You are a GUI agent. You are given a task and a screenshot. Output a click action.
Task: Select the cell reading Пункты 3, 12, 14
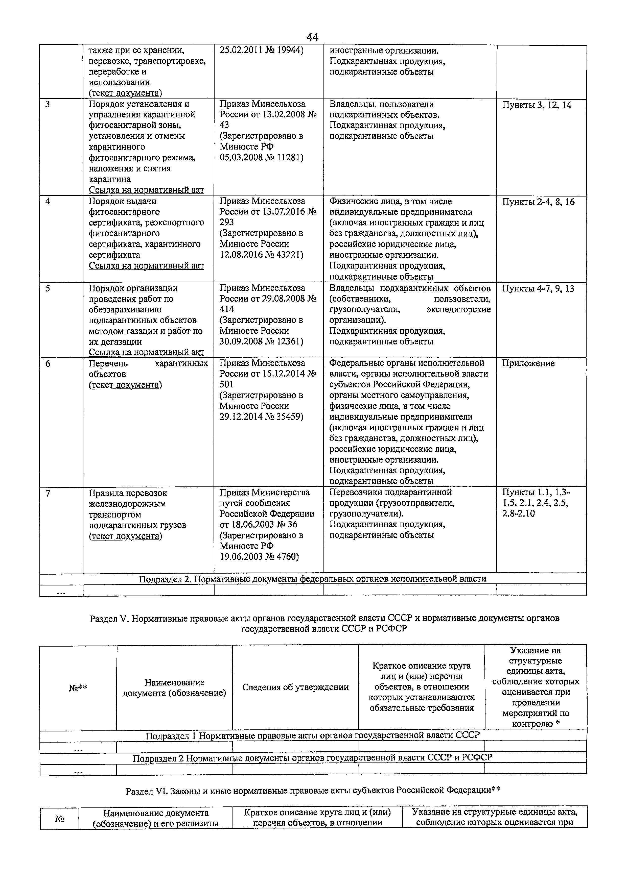pos(537,105)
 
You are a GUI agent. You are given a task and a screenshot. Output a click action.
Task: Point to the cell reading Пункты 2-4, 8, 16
pos(538,202)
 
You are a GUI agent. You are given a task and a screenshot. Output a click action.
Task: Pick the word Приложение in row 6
pos(528,363)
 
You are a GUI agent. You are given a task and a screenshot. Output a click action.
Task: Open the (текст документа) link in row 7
pos(125,536)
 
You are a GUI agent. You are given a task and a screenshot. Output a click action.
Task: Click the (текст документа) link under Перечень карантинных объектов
pos(125,385)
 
